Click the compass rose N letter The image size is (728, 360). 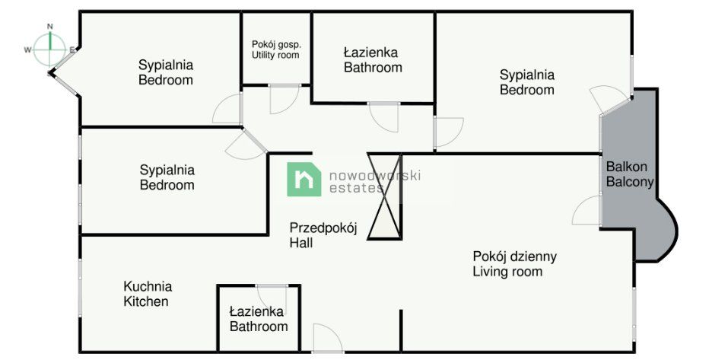click(50, 26)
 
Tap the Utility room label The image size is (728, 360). click(275, 49)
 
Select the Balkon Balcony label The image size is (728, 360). click(630, 174)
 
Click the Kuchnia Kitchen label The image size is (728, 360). click(148, 294)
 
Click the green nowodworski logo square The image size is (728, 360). click(304, 180)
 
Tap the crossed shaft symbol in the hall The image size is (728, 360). click(383, 196)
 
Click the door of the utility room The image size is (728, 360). click(283, 99)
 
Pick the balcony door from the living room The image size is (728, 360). click(588, 211)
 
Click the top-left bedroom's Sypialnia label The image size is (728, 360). click(166, 72)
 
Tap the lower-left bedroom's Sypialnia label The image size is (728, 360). click(167, 177)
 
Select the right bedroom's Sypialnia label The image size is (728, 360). click(526, 82)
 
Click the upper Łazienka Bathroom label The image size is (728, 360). click(373, 60)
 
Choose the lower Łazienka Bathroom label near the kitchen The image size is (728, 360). click(259, 319)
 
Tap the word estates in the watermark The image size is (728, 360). click(357, 188)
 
